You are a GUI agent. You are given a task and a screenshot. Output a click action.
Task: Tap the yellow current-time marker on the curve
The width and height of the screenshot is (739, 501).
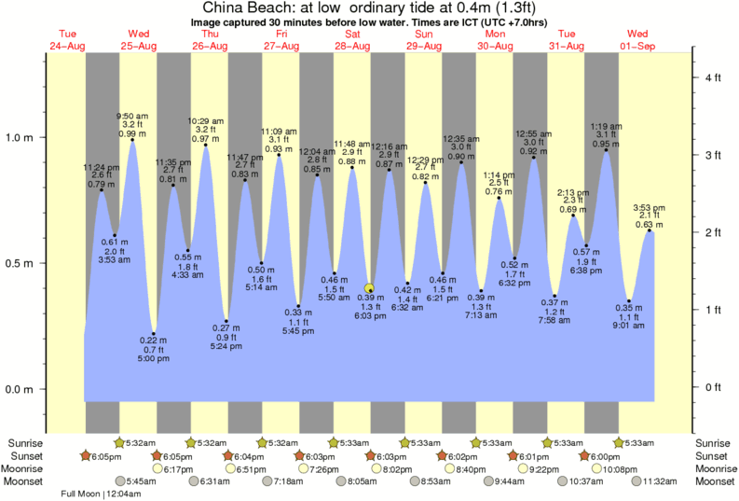tap(370, 288)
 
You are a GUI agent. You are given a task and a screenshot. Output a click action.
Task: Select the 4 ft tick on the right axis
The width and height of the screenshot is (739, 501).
tap(713, 77)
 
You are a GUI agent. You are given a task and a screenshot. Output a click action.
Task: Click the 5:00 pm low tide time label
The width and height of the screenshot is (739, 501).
tap(155, 358)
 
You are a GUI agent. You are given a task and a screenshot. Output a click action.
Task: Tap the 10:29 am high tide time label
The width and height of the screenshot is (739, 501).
tap(206, 120)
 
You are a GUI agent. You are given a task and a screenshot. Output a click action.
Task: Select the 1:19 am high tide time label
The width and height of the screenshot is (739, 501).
tap(607, 126)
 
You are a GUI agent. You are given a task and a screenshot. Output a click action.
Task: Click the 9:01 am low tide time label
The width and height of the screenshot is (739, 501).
tap(629, 327)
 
